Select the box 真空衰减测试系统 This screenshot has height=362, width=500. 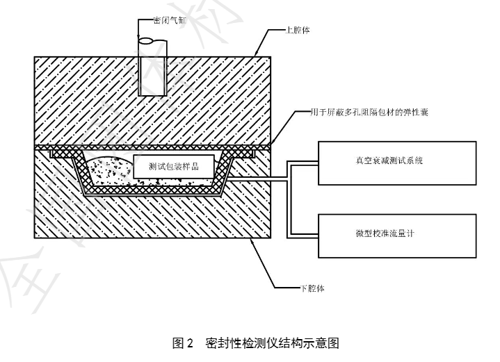pos(397,161)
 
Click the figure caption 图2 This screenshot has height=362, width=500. pos(184,343)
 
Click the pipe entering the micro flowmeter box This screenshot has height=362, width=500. pos(303,234)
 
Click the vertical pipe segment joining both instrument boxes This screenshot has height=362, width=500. pos(289,198)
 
